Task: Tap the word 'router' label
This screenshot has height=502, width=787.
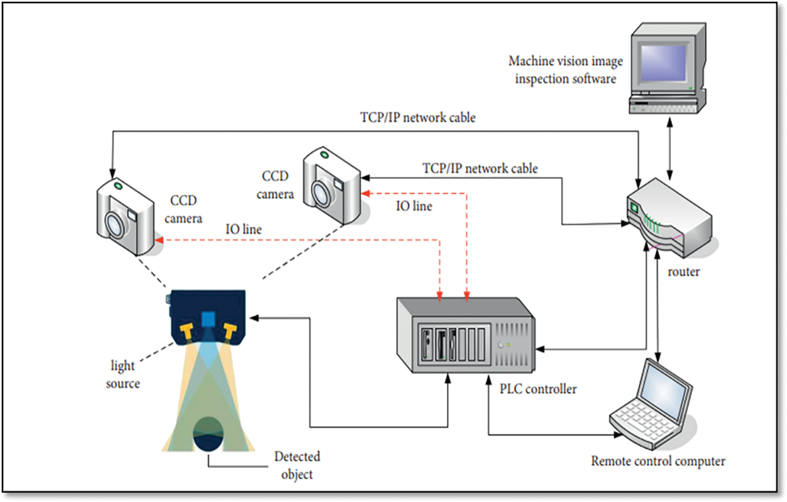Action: pyautogui.click(x=683, y=272)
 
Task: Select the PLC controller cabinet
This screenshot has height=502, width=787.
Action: pyautogui.click(x=466, y=336)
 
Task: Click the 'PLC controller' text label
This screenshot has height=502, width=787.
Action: pyautogui.click(x=538, y=389)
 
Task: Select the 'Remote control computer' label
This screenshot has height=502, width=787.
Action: pyautogui.click(x=658, y=461)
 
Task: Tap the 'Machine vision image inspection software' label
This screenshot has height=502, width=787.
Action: pyautogui.click(x=565, y=70)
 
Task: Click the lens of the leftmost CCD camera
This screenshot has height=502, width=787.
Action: pyautogui.click(x=114, y=225)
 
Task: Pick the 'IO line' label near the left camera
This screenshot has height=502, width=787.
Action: pyautogui.click(x=243, y=229)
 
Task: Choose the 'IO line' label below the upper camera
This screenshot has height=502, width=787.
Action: pyautogui.click(x=414, y=206)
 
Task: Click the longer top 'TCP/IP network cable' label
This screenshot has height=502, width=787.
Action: pyautogui.click(x=418, y=117)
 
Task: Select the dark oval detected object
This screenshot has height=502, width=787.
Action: pyautogui.click(x=209, y=434)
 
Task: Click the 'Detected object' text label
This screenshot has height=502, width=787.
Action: pyautogui.click(x=297, y=465)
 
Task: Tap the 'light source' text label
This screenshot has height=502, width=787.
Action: pyautogui.click(x=123, y=374)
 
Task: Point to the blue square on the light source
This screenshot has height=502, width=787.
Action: pyautogui.click(x=208, y=319)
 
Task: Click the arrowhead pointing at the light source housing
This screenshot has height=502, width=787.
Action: pyautogui.click(x=254, y=318)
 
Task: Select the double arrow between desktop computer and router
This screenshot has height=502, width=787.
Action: pyautogui.click(x=670, y=148)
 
